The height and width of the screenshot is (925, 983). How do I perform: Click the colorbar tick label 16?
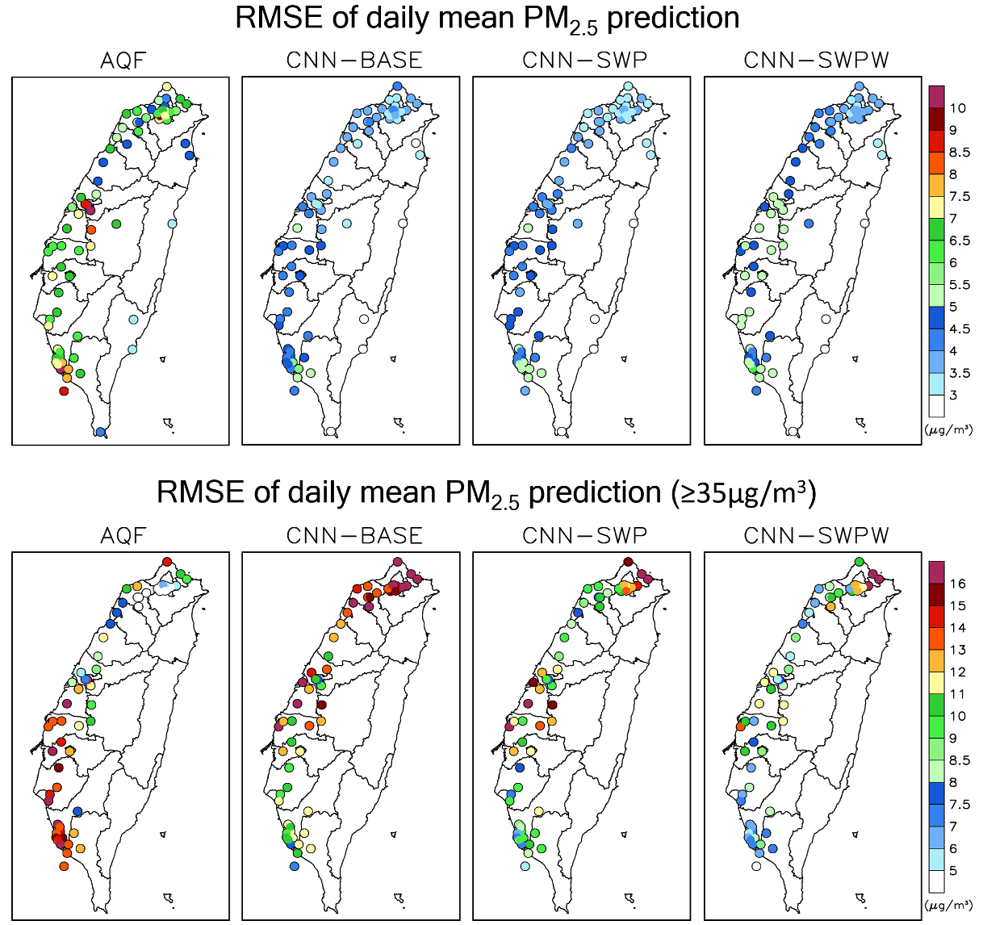(x=958, y=583)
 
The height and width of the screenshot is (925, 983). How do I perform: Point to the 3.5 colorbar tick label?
(x=958, y=373)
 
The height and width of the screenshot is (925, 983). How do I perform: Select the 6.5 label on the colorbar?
(x=958, y=241)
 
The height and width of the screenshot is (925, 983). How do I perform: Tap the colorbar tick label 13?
(x=958, y=650)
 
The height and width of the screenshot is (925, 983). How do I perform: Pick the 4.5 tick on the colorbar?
(x=958, y=329)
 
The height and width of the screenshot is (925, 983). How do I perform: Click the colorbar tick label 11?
(x=958, y=694)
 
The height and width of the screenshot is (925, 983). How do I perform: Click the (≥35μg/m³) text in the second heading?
(x=742, y=492)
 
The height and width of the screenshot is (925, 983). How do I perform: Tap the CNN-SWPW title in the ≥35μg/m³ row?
(x=816, y=535)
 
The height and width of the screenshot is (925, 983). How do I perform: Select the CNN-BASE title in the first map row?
(x=353, y=61)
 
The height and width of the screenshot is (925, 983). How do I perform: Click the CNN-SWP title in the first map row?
(x=584, y=61)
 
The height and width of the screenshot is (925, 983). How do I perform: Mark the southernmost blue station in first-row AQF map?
(x=100, y=433)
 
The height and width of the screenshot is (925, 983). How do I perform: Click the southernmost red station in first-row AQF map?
(x=64, y=391)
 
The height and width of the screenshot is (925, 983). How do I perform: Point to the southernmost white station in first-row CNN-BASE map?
(x=330, y=432)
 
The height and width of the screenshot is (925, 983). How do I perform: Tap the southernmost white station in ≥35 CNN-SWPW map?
(x=755, y=866)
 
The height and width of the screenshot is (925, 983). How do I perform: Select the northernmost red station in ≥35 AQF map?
(x=167, y=562)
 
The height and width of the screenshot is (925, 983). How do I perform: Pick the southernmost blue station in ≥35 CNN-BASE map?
(x=295, y=866)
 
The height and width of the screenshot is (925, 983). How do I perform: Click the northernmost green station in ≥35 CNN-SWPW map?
(x=860, y=562)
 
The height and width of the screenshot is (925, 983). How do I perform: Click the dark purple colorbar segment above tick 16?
(x=936, y=571)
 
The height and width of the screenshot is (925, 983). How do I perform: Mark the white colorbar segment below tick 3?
(x=936, y=406)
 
